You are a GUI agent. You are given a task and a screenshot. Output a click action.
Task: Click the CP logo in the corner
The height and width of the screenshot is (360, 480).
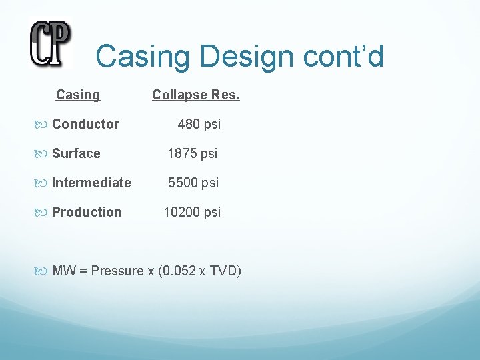point(50,43)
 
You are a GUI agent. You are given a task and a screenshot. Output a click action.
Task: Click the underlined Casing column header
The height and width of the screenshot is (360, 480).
point(78,95)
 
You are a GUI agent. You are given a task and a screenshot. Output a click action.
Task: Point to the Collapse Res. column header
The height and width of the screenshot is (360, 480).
point(195,95)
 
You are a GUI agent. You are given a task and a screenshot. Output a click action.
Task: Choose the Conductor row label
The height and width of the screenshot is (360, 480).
point(85,124)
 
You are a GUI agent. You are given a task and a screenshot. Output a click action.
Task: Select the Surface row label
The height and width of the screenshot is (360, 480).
point(76,153)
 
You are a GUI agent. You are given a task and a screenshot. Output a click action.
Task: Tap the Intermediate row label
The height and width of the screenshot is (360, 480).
point(91,183)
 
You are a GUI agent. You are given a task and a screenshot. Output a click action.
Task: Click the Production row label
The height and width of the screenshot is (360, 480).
point(87,212)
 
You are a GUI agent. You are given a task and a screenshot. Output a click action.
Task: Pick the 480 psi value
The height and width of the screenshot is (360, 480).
point(199,124)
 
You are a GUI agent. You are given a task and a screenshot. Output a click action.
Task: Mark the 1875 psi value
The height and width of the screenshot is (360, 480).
point(192,153)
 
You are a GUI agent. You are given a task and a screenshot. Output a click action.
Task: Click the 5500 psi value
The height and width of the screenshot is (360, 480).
point(193,183)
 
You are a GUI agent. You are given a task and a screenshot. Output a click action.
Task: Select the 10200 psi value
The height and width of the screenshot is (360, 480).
point(192,212)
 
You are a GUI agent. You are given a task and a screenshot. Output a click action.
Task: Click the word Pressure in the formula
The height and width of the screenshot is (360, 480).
point(117,271)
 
